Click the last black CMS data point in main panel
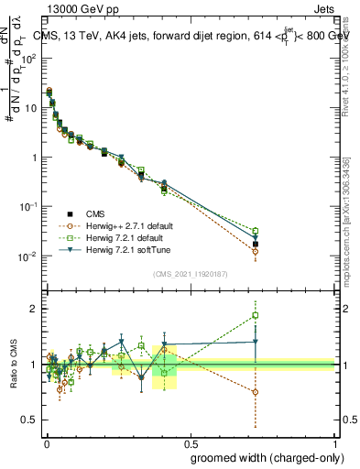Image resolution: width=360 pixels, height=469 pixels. coord(256,244)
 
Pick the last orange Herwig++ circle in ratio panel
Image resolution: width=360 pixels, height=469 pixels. coord(256,392)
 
